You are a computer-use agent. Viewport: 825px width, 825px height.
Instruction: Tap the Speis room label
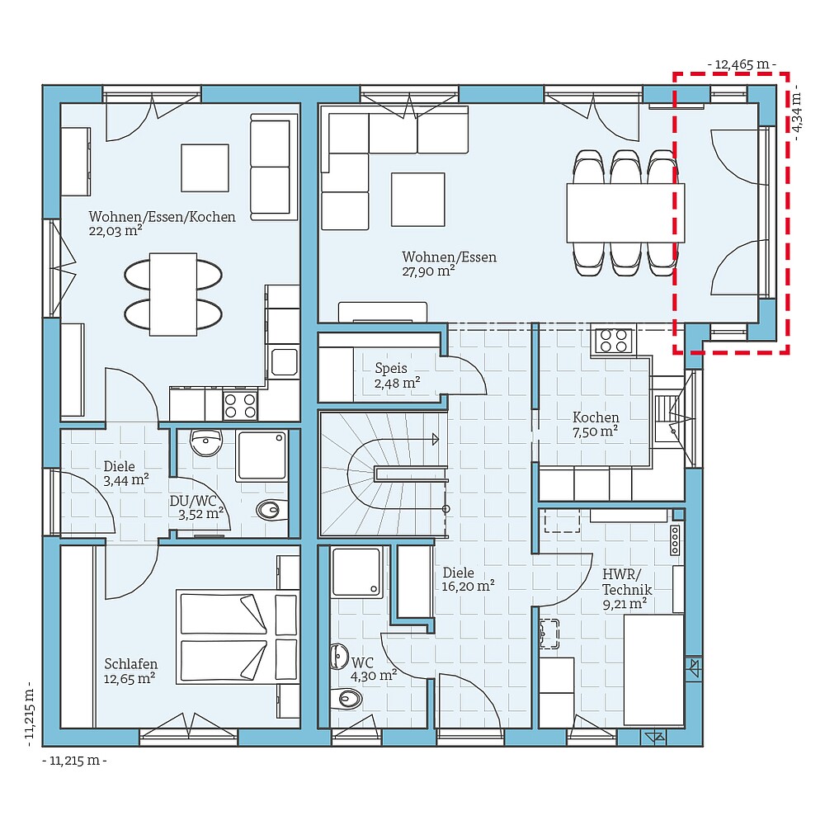coord(391,368)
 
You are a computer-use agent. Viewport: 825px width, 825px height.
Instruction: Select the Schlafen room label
coord(130,664)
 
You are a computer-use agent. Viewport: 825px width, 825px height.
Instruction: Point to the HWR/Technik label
coord(627,582)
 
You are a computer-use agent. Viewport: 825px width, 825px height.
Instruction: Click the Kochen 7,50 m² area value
coord(596,431)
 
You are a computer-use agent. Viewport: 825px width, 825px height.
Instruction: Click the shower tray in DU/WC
coord(262,455)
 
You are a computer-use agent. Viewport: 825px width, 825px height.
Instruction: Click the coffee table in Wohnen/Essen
coord(417,199)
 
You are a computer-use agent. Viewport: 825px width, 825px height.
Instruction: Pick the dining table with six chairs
coord(625,213)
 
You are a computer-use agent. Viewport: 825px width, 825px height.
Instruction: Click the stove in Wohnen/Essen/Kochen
coord(240,404)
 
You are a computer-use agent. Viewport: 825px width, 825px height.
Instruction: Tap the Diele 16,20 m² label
coord(468,578)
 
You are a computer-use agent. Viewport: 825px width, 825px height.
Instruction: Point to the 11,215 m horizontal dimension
coord(74,761)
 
